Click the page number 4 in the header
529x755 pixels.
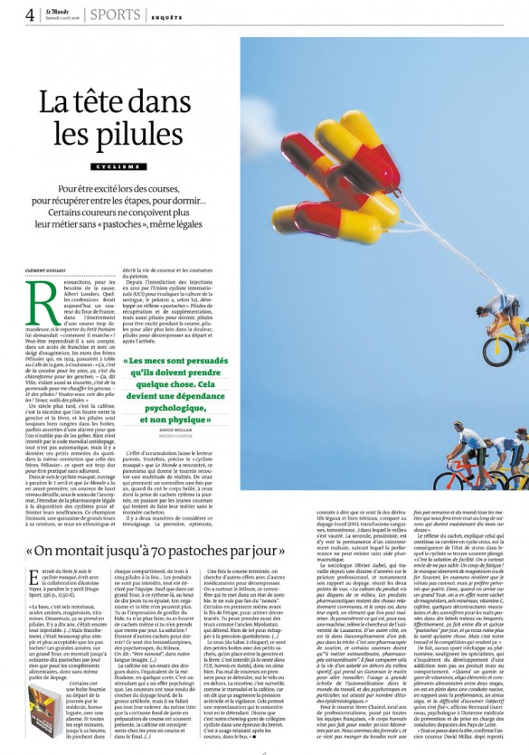click(x=30, y=14)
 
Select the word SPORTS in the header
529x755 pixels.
click(x=114, y=14)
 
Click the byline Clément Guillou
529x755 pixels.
click(x=49, y=269)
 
